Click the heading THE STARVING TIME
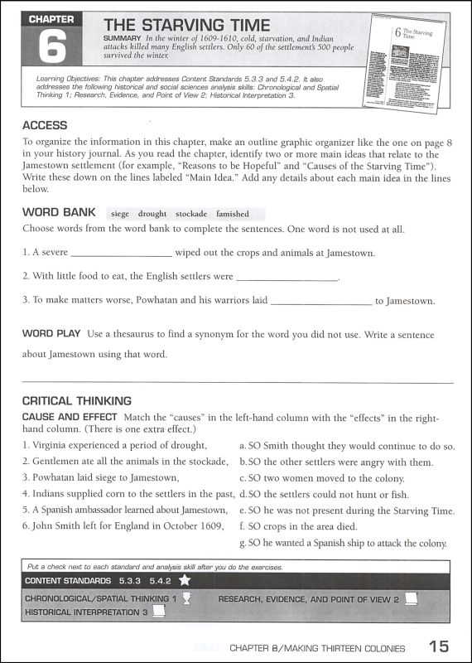coord(188,27)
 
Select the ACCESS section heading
coord(46,125)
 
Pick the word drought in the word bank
coord(152,214)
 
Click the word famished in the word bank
coord(233,214)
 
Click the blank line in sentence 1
coord(122,254)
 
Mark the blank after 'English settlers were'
coord(287,278)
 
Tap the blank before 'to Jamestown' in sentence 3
coord(320,302)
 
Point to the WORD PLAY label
coord(51,334)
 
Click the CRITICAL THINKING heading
coord(77,401)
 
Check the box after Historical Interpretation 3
coord(160,612)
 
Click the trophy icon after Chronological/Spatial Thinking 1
coord(187,598)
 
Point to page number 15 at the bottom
coord(440,647)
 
